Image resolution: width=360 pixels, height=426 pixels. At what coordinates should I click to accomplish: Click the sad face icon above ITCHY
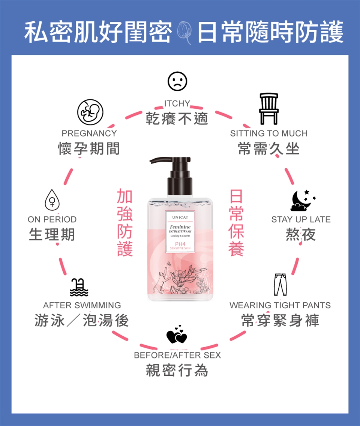pyautogui.click(x=177, y=81)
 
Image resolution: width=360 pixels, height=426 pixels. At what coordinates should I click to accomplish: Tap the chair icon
pyautogui.click(x=269, y=109)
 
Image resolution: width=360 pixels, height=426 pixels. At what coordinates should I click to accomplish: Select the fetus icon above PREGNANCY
pyautogui.click(x=90, y=112)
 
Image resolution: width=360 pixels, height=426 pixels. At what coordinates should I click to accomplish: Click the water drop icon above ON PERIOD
pyautogui.click(x=52, y=200)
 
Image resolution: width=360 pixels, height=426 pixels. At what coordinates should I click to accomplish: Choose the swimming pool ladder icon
pyautogui.click(x=79, y=287)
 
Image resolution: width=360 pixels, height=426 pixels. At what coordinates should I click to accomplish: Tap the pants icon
pyautogui.click(x=280, y=285)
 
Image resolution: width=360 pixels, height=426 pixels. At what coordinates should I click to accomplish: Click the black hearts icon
pyautogui.click(x=177, y=334)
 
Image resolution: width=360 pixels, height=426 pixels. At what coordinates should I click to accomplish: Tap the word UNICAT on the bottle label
pyautogui.click(x=180, y=217)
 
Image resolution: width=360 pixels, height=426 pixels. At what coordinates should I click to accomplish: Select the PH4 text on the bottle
pyautogui.click(x=180, y=244)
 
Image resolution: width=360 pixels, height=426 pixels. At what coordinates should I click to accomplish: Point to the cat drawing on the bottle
pyautogui.click(x=163, y=280)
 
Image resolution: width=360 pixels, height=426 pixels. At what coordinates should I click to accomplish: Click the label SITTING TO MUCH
pyautogui.click(x=269, y=133)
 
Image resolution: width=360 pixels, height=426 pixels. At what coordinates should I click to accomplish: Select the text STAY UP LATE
pyautogui.click(x=301, y=219)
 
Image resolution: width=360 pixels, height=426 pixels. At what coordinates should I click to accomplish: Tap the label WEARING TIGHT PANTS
pyautogui.click(x=280, y=305)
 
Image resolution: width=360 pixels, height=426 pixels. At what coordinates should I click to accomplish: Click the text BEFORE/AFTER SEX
pyautogui.click(x=177, y=355)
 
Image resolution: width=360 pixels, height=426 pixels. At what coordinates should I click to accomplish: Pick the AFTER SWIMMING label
pyautogui.click(x=82, y=305)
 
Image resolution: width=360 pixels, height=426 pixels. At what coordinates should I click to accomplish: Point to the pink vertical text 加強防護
pyautogui.click(x=125, y=222)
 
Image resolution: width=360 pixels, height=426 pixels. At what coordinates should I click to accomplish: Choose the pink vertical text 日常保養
pyautogui.click(x=236, y=222)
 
